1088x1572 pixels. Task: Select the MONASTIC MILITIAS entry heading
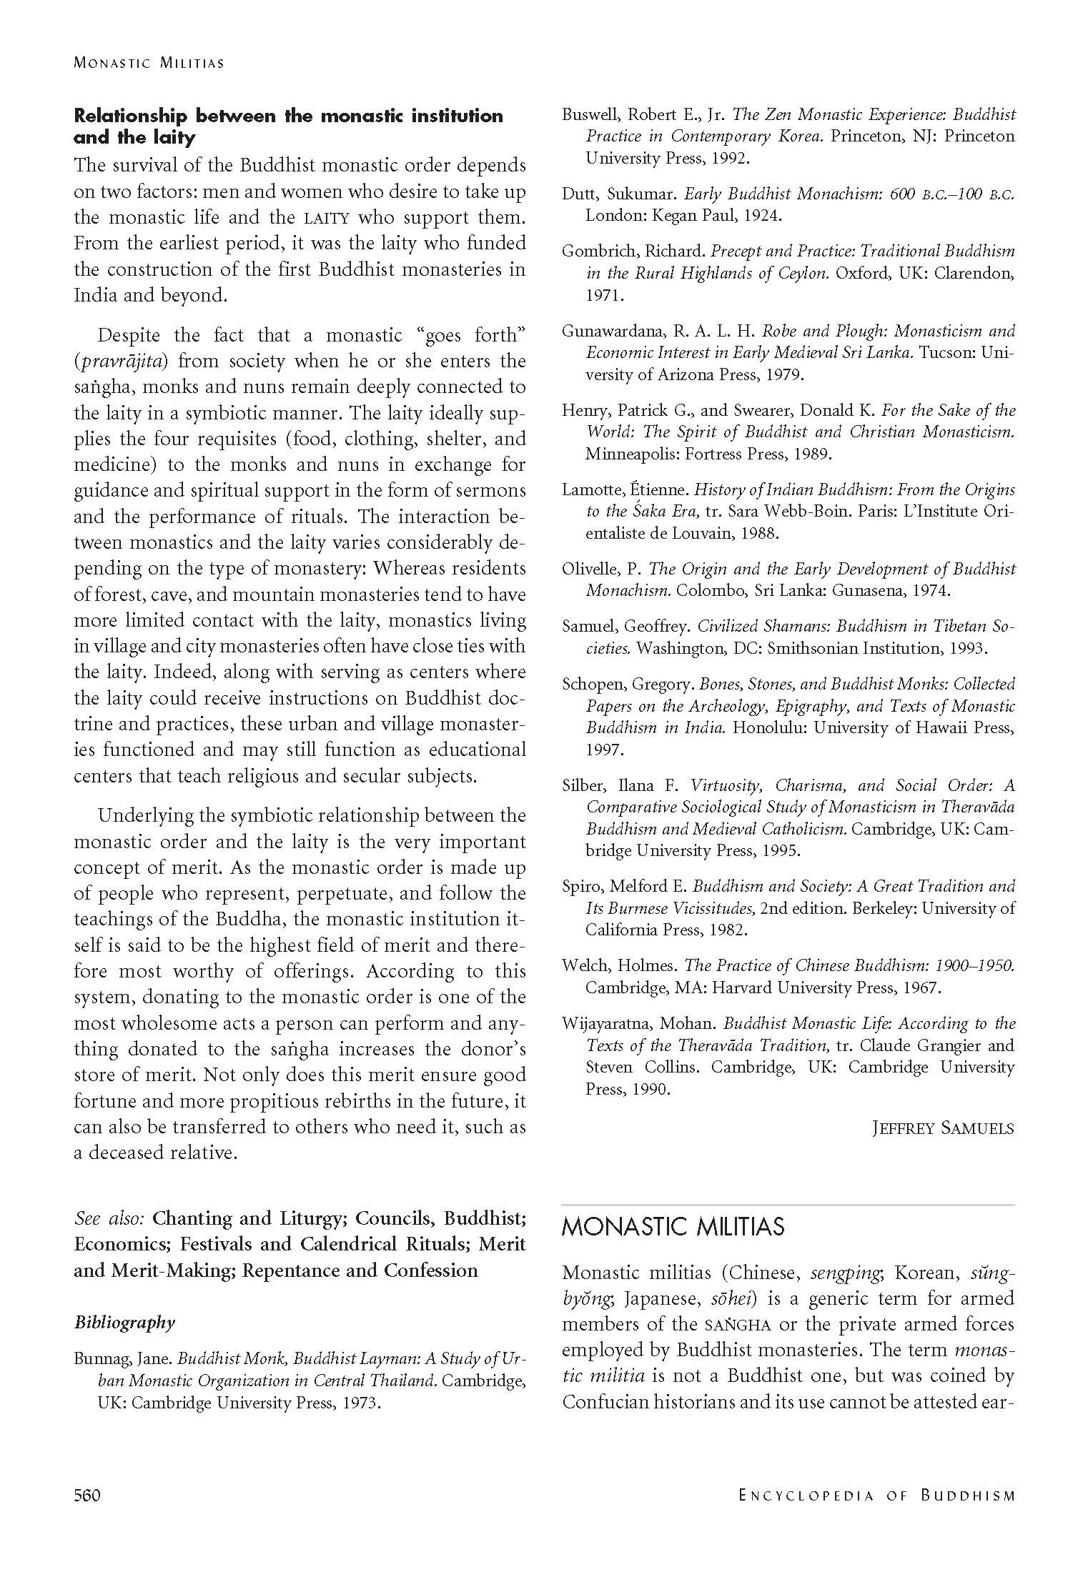(x=673, y=1227)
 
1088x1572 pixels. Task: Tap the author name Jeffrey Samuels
(x=943, y=1128)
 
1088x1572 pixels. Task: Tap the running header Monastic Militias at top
(x=149, y=63)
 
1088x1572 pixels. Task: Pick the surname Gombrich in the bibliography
(x=596, y=251)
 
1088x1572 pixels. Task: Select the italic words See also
(x=109, y=1218)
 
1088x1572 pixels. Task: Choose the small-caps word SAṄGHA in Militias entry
(x=738, y=1325)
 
